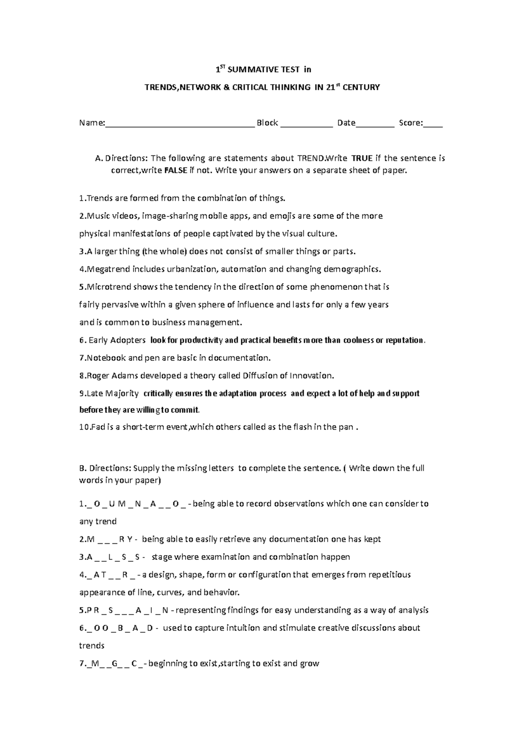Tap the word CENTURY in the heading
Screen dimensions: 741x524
(x=362, y=87)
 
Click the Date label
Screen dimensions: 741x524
(x=346, y=123)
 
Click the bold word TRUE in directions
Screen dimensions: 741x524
(x=362, y=158)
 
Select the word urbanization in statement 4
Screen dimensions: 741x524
(x=192, y=269)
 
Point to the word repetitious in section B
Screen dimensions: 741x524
(x=389, y=574)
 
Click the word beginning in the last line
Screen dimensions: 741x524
(x=168, y=663)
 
